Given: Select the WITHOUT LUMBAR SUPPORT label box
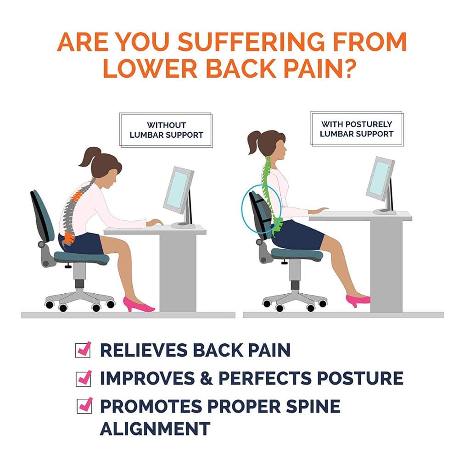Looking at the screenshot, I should pos(166,130).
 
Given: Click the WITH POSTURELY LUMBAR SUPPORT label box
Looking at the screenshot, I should pos(357,129).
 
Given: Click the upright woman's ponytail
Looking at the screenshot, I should pos(254,143).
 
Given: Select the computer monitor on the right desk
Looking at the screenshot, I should pos(380,179).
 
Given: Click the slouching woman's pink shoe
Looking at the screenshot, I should pos(137,305).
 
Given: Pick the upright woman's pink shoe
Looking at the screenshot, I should pos(357,300).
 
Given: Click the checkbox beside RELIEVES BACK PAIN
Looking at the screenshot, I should pos(83,350).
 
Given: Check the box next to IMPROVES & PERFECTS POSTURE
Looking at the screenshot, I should pos(83,378).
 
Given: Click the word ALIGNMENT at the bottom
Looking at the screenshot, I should pos(155,428).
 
